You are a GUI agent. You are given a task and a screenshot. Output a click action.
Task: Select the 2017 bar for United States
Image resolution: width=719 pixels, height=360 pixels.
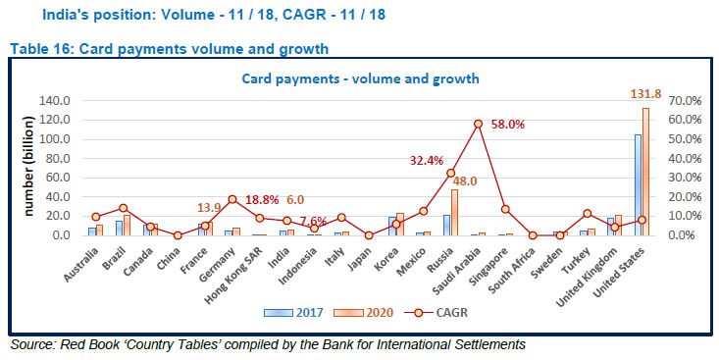tap(637, 185)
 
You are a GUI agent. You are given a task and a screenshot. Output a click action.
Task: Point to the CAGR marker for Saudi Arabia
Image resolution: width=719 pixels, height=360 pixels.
tap(478, 124)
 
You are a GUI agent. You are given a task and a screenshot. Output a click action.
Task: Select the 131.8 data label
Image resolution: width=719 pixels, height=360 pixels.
tap(644, 94)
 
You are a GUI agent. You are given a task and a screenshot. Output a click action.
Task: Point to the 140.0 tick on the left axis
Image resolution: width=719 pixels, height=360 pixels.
tap(54, 100)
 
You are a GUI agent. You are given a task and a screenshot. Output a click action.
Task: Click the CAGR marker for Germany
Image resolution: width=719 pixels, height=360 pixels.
tap(231, 199)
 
